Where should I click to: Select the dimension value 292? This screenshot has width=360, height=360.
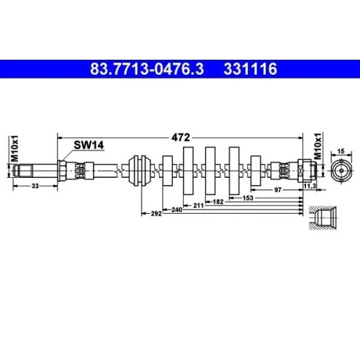click(x=156, y=214)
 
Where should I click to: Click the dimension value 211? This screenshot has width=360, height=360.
click(x=198, y=204)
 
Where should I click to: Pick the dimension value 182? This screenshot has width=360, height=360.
click(x=217, y=201)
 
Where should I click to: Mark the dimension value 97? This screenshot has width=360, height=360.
click(x=278, y=190)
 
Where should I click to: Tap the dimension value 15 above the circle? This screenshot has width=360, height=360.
click(x=341, y=150)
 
